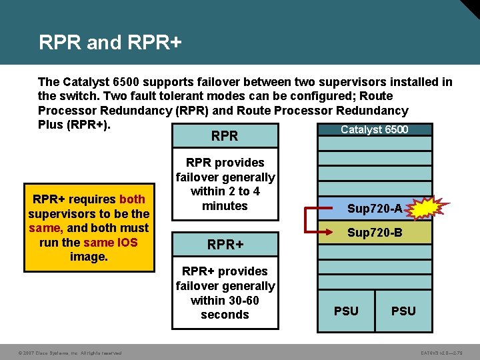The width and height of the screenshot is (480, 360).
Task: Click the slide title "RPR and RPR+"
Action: (x=110, y=43)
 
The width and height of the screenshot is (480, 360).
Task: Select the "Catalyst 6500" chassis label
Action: (x=374, y=129)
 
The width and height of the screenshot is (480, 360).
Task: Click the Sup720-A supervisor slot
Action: (x=374, y=209)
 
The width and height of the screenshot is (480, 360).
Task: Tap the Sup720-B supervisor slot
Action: (x=374, y=233)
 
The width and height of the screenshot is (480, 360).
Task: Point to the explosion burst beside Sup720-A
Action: (x=421, y=209)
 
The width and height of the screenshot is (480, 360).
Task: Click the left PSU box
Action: (x=346, y=311)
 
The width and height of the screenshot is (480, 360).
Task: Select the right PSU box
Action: (x=403, y=311)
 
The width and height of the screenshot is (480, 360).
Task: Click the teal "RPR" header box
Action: (x=225, y=136)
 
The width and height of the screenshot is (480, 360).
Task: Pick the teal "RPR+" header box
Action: (x=225, y=245)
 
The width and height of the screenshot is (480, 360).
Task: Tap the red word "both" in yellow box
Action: (x=131, y=199)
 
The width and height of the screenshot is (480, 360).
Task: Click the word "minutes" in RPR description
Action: (x=225, y=206)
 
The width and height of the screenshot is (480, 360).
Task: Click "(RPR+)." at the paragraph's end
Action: (x=88, y=125)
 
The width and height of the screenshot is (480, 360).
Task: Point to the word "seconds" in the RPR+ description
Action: (x=225, y=315)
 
